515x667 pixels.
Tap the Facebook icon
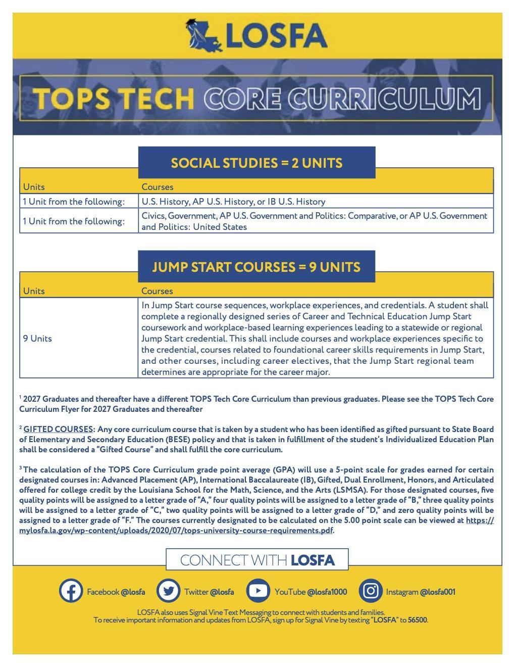click(71, 590)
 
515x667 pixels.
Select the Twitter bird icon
click(168, 590)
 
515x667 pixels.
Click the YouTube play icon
click(258, 590)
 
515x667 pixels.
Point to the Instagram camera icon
click(370, 590)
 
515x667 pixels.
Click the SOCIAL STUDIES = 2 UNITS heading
click(256, 163)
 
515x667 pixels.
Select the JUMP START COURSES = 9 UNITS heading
click(256, 267)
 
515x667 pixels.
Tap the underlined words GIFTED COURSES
click(58, 429)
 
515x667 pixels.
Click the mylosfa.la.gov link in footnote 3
click(177, 530)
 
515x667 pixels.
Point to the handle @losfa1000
click(327, 592)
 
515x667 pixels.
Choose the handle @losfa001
click(437, 592)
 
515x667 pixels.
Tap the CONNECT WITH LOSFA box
click(257, 560)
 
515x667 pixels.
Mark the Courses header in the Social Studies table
click(158, 187)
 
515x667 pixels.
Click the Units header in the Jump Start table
click(34, 291)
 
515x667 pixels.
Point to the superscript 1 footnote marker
click(21, 397)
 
